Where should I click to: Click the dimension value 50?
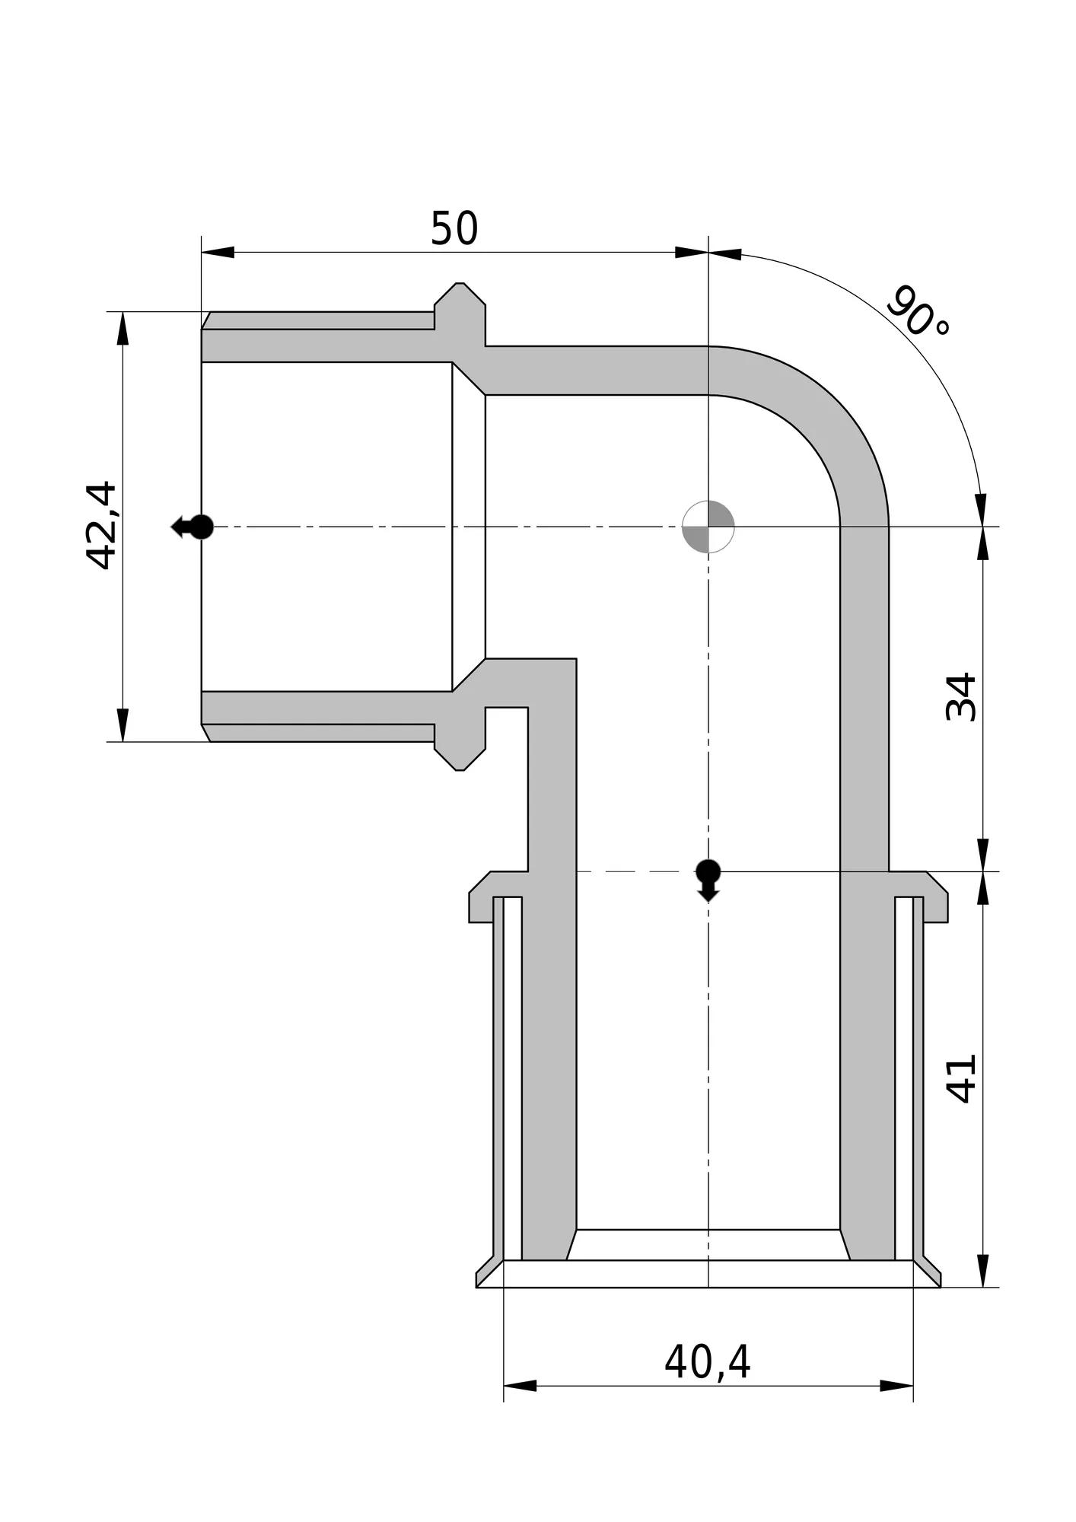click(x=454, y=228)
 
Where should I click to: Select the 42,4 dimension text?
click(x=101, y=525)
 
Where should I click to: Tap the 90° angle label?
click(x=918, y=312)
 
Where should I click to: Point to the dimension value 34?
click(x=960, y=696)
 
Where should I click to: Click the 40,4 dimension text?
click(x=708, y=1362)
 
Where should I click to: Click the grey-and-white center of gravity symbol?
click(x=708, y=526)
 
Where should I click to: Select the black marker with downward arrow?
click(x=708, y=880)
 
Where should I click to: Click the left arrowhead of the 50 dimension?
click(x=218, y=252)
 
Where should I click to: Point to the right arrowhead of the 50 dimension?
click(x=692, y=252)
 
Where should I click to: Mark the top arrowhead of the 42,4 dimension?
click(x=123, y=328)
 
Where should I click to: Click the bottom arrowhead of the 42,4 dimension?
click(x=123, y=724)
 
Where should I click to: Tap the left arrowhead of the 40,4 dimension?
click(x=520, y=1386)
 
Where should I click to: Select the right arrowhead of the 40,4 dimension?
click(x=896, y=1386)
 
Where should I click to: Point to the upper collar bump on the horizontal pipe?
click(x=460, y=314)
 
